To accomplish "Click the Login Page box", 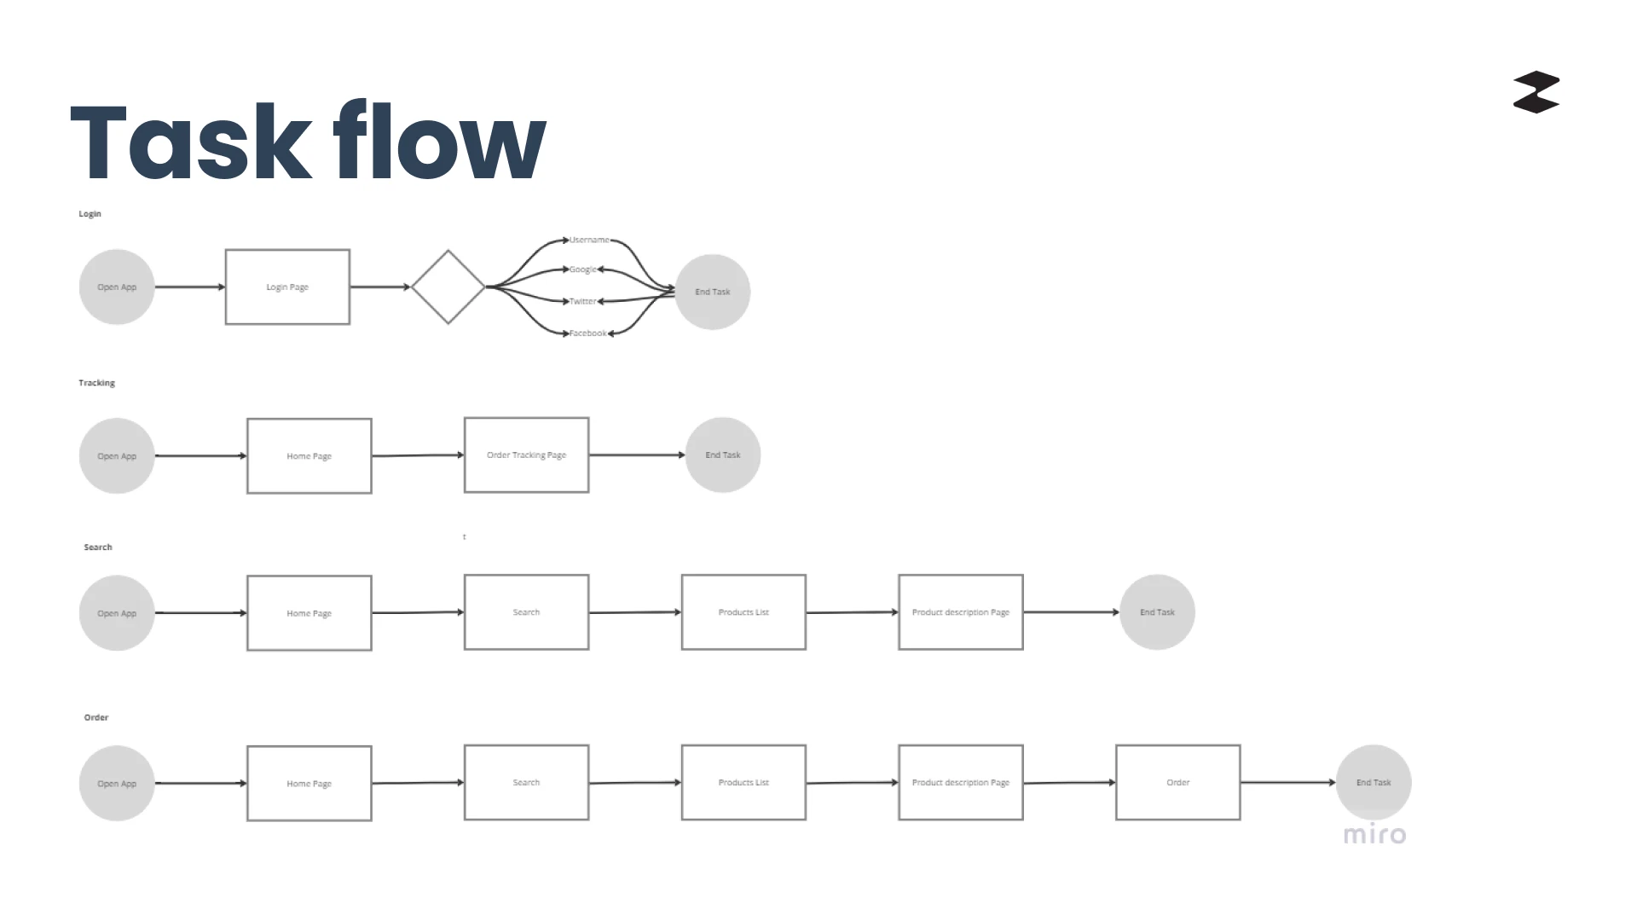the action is [287, 287].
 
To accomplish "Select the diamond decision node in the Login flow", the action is [448, 287].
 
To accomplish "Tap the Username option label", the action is [589, 240].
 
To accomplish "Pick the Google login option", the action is [583, 269].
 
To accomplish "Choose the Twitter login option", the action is [583, 301].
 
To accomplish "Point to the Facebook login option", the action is [588, 333].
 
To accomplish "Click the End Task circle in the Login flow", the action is [713, 292].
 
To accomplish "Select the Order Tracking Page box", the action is [526, 455].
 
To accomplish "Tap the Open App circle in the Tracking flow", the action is [117, 455].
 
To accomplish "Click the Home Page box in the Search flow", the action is [309, 613].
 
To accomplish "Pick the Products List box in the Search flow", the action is [743, 612].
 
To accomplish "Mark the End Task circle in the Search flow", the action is [1157, 612].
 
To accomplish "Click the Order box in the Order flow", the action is [1178, 782].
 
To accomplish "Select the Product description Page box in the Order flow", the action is [961, 782].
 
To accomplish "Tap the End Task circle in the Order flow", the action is [1374, 782].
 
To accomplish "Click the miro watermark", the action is [1374, 834].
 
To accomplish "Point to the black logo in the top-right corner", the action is [1536, 92].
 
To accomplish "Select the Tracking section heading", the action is [96, 383].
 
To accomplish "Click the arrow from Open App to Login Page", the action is [189, 287].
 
